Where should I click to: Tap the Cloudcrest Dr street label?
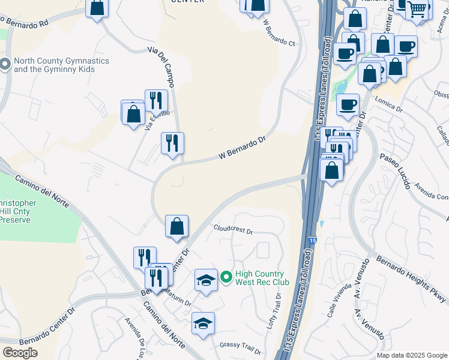[x=234, y=229]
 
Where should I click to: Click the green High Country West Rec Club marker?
[x=226, y=277]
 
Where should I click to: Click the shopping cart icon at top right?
[x=418, y=9]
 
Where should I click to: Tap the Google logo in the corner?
[x=20, y=353]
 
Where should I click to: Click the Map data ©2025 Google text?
[x=412, y=355]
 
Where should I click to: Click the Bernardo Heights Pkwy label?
[x=411, y=279]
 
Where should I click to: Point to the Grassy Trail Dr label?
[x=238, y=344]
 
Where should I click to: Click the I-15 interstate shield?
[x=312, y=241]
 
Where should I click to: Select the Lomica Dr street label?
[x=390, y=109]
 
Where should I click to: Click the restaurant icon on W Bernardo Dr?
[x=172, y=143]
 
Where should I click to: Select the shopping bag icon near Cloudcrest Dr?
[x=177, y=226]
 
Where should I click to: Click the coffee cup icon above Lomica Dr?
[x=348, y=104]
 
